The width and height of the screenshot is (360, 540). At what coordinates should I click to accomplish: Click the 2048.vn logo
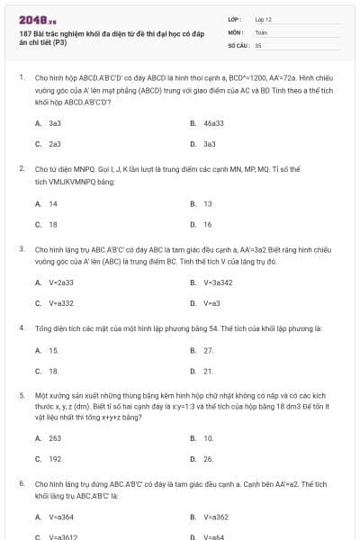click(32, 19)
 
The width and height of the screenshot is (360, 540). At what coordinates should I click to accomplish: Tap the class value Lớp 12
click(263, 18)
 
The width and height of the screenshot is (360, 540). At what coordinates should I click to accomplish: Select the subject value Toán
click(261, 31)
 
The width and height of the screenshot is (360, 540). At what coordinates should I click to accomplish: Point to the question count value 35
click(258, 44)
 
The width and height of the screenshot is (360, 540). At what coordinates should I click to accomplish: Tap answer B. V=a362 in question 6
click(216, 517)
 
